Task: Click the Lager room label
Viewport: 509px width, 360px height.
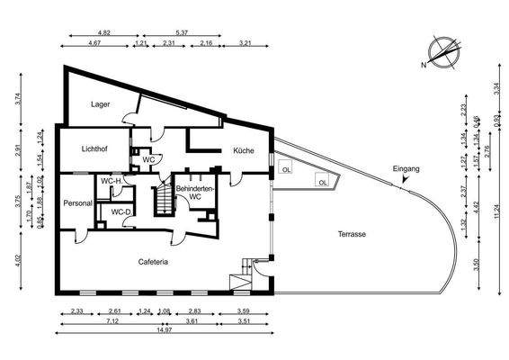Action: [x=100, y=103]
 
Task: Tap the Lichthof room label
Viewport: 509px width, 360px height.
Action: [x=95, y=148]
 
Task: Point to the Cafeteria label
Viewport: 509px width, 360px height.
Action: [x=154, y=262]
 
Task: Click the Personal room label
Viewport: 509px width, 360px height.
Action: [x=78, y=203]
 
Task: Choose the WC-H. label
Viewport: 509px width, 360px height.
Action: [x=112, y=181]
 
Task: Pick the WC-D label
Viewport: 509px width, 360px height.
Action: [x=121, y=212]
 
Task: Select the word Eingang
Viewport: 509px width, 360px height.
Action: [x=406, y=168]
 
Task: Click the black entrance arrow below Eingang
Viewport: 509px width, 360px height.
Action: [x=406, y=180]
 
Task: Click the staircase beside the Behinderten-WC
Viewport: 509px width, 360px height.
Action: [x=163, y=197]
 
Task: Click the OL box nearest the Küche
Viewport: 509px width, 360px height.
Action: [x=286, y=168]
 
